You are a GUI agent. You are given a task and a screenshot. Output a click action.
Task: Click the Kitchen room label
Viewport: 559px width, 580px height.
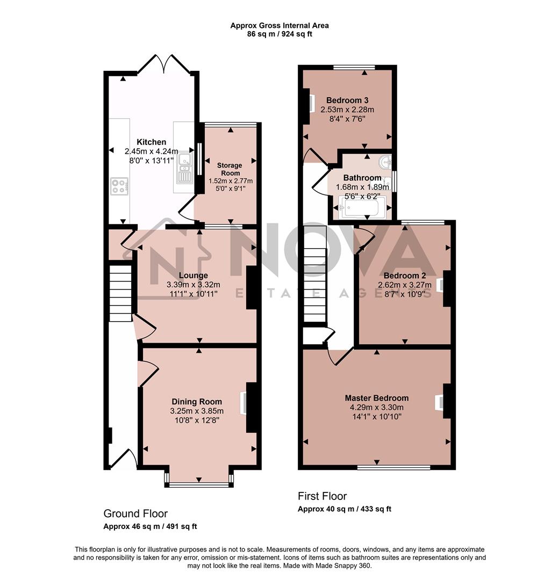pos(151,142)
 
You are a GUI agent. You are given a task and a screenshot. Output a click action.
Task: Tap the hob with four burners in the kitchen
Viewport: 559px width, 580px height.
pos(119,186)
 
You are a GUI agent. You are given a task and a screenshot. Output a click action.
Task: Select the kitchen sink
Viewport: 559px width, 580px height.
pos(184,166)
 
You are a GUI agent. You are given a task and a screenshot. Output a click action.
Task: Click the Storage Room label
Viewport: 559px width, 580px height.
pos(230,169)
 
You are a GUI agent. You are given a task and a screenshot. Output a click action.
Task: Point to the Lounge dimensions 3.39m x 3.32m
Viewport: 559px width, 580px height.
pos(194,285)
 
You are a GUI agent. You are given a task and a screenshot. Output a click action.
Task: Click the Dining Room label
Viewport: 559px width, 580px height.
pos(197,401)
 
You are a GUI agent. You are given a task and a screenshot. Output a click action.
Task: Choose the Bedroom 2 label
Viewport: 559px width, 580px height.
pos(404,275)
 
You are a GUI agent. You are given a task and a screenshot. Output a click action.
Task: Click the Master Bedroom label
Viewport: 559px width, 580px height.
pos(376,398)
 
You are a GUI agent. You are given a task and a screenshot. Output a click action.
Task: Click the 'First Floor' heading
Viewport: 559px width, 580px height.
pos(322,496)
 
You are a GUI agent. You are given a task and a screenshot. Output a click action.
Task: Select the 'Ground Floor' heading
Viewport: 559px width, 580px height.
pos(135,513)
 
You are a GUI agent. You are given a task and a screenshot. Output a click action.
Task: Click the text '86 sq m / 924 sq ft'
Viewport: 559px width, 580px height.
pos(279,34)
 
